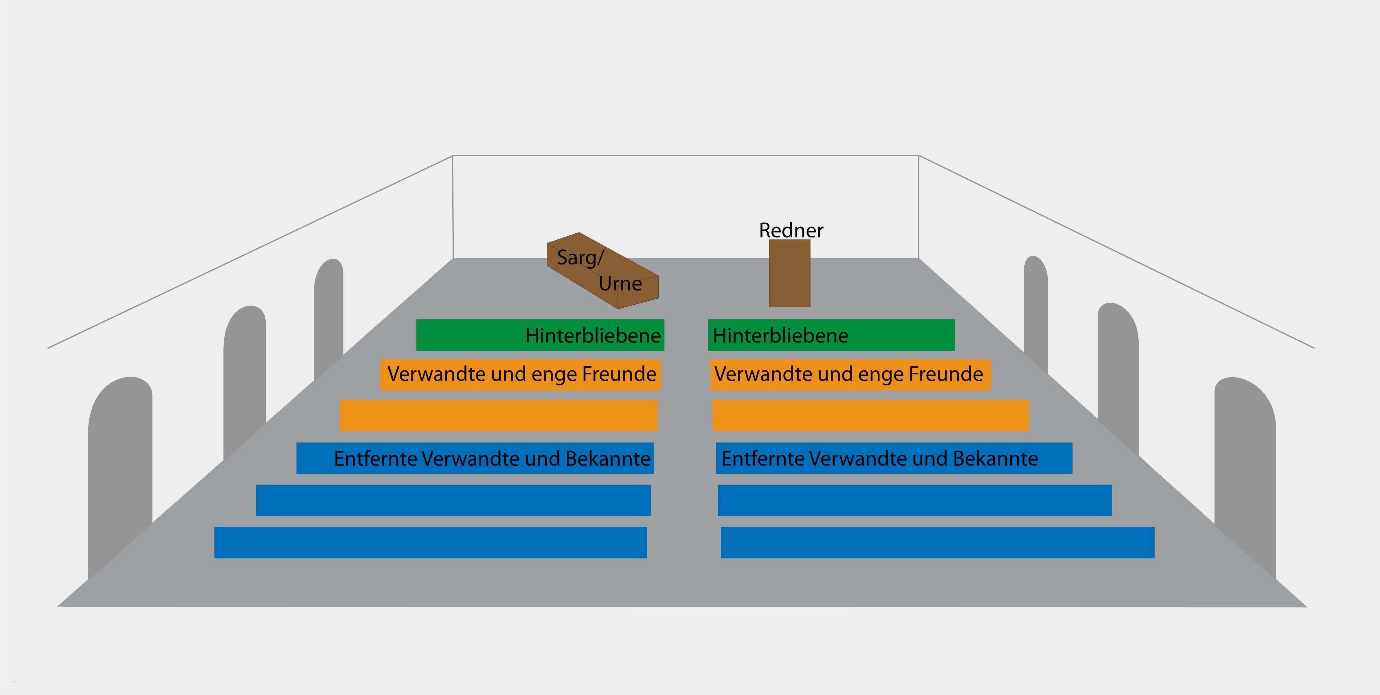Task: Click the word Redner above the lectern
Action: click(791, 230)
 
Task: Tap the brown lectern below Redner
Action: click(790, 273)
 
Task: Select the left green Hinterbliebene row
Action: click(540, 335)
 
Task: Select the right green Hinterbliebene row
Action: click(831, 335)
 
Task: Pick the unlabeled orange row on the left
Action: click(499, 415)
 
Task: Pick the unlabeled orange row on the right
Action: click(870, 415)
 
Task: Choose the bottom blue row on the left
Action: click(431, 543)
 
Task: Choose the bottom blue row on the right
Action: click(938, 543)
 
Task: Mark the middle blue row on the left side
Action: click(453, 500)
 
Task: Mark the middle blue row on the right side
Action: click(914, 500)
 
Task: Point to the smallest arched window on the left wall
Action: click(328, 317)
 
